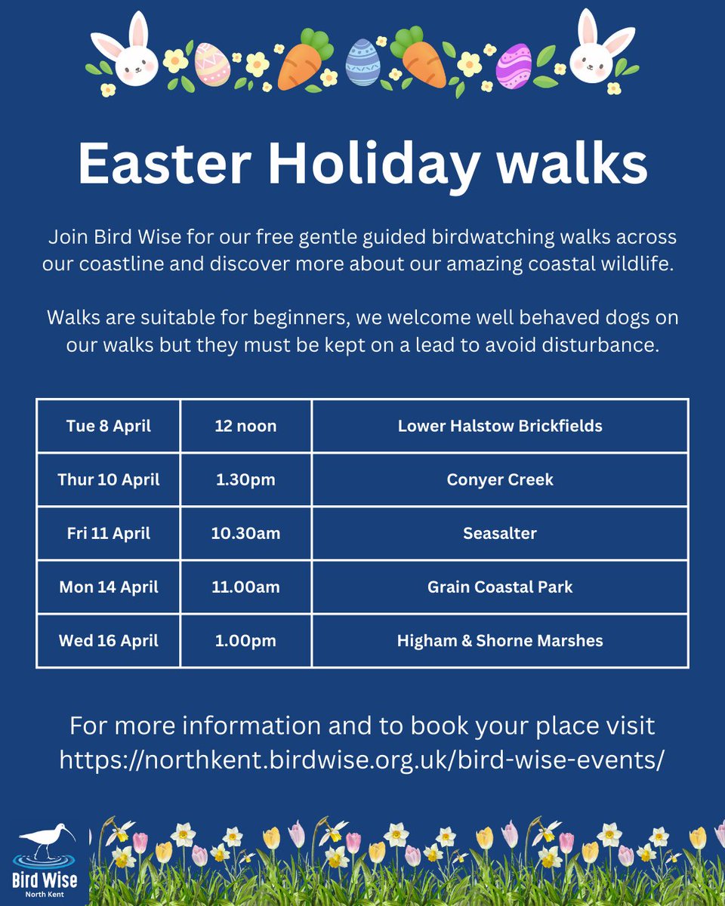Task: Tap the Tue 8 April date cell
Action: pyautogui.click(x=108, y=426)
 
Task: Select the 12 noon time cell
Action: pyautogui.click(x=245, y=426)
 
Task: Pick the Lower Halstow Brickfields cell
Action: pyautogui.click(x=500, y=426)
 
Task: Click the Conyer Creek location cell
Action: pyautogui.click(x=500, y=479)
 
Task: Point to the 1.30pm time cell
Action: pyautogui.click(x=245, y=479)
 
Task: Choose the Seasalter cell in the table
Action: pyautogui.click(x=500, y=533)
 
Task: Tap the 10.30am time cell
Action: pyautogui.click(x=245, y=533)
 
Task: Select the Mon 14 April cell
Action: pyautogui.click(x=108, y=587)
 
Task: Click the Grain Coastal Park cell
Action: pyautogui.click(x=500, y=587)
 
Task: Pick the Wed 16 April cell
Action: pyautogui.click(x=108, y=641)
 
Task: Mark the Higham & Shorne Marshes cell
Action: pyautogui.click(x=500, y=641)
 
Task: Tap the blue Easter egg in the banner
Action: pyautogui.click(x=362, y=63)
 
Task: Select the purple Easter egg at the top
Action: pyautogui.click(x=514, y=66)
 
